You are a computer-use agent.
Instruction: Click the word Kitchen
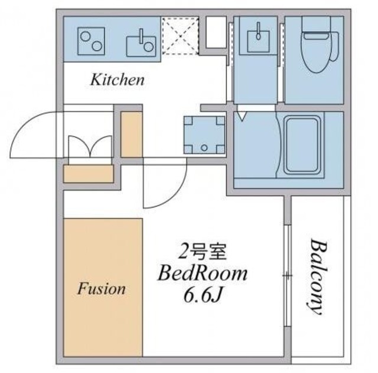click(117, 80)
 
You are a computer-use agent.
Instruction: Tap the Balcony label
click(318, 277)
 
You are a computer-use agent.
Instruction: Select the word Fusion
click(102, 289)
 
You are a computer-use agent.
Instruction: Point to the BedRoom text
click(201, 274)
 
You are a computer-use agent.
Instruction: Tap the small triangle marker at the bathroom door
click(242, 115)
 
